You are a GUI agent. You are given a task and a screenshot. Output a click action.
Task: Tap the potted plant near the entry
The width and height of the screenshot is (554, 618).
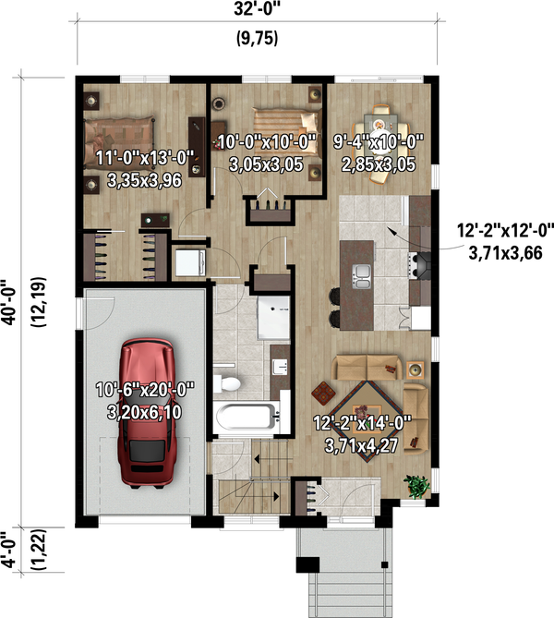[x=417, y=484]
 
